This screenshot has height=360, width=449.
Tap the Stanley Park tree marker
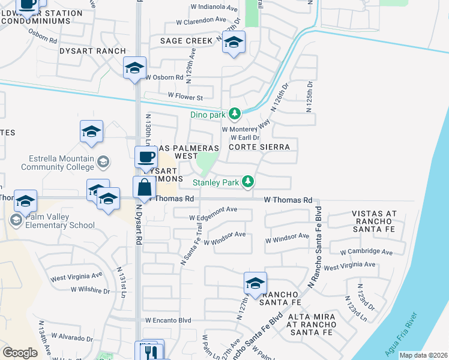pos(247,181)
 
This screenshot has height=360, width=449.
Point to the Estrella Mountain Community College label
pos(62,163)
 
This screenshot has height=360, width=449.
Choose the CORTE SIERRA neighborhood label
pos(260,146)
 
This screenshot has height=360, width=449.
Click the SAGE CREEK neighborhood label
pos(186,41)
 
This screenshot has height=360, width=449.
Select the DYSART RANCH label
pos(92,52)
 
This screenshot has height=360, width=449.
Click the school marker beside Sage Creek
pos(234,42)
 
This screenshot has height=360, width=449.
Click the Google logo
pos(20,353)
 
